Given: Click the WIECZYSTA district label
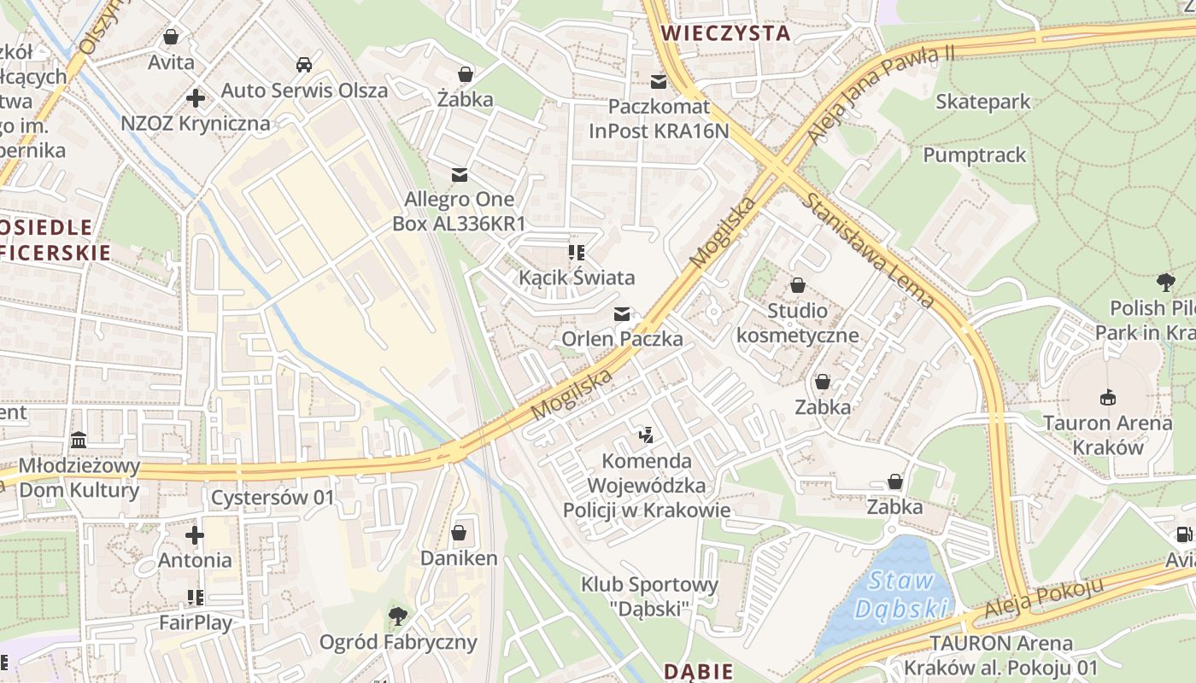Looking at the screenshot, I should (x=725, y=33).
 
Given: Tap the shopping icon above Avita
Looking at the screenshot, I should (x=171, y=37).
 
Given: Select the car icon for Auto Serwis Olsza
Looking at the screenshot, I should (x=303, y=65).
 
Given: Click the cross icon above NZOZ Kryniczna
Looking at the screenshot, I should (x=196, y=98).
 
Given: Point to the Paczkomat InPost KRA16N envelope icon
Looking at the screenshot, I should (x=659, y=82).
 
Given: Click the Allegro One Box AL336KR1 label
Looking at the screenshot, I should (x=459, y=211).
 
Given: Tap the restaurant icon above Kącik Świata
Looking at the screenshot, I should (x=577, y=252).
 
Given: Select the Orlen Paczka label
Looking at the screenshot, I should (x=622, y=339).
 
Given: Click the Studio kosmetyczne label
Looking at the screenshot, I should (x=797, y=322).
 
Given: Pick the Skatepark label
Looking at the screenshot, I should (x=982, y=102).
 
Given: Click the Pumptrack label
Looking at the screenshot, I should (x=974, y=155).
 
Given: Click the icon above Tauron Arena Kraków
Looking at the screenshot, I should (x=1108, y=397).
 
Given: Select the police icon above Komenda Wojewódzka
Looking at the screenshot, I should (x=647, y=435).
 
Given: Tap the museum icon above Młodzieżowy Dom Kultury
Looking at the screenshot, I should (x=79, y=441).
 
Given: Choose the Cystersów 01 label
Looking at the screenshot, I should (x=273, y=497).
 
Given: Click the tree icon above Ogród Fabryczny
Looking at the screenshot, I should (x=397, y=616).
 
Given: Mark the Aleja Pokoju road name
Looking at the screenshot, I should (x=1044, y=598).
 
